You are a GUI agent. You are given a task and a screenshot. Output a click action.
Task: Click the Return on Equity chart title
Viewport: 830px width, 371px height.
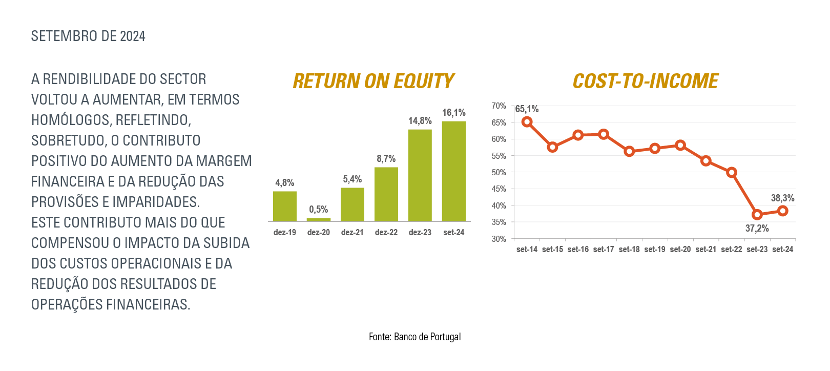tap(373, 81)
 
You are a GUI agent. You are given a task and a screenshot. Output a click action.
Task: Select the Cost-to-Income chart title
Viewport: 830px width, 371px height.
tap(646, 81)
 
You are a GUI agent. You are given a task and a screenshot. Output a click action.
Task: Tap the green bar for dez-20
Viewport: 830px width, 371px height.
tap(319, 219)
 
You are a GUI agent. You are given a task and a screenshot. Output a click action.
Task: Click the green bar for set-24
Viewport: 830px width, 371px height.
tap(454, 171)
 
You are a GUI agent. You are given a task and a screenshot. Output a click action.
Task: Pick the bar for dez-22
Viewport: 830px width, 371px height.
tap(386, 194)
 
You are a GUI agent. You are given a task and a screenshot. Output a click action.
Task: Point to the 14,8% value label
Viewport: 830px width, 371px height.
tap(420, 121)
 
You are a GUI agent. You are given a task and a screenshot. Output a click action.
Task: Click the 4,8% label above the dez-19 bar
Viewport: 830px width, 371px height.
tap(284, 183)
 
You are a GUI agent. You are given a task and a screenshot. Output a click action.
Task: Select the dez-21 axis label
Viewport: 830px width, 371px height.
tap(352, 232)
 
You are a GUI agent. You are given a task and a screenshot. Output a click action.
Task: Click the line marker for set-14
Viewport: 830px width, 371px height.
tap(527, 122)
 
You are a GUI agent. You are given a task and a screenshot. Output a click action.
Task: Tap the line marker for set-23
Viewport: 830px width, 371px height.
tap(757, 215)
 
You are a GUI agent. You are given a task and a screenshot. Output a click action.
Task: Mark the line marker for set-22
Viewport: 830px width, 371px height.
tap(732, 172)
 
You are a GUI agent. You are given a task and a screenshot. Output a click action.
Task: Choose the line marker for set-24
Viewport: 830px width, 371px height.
tap(782, 211)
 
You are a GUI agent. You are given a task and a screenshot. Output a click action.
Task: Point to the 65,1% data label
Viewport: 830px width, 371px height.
tap(527, 109)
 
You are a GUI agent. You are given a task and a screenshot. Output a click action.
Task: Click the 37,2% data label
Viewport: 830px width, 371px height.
tap(757, 229)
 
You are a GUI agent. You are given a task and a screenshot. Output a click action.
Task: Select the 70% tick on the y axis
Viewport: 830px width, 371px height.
tap(499, 106)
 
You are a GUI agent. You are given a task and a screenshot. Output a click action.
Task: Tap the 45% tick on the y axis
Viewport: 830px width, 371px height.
tap(499, 189)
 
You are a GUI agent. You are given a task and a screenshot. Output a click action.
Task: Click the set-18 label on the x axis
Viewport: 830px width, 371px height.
tap(629, 250)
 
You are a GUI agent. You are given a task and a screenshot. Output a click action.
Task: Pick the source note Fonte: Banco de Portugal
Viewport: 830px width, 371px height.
tap(414, 337)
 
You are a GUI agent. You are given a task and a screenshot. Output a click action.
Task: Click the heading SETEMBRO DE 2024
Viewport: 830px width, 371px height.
tap(88, 36)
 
